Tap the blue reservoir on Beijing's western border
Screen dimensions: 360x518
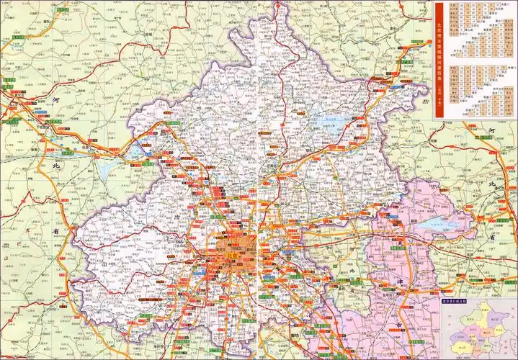point(136,152)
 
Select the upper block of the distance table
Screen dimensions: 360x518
point(475,29)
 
